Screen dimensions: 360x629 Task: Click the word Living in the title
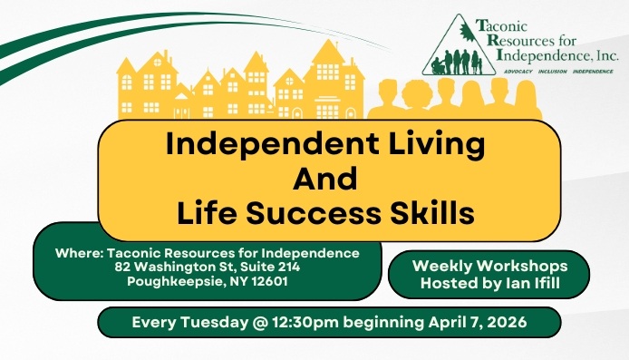tap(432, 146)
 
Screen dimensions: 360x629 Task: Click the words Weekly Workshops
tap(489, 266)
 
